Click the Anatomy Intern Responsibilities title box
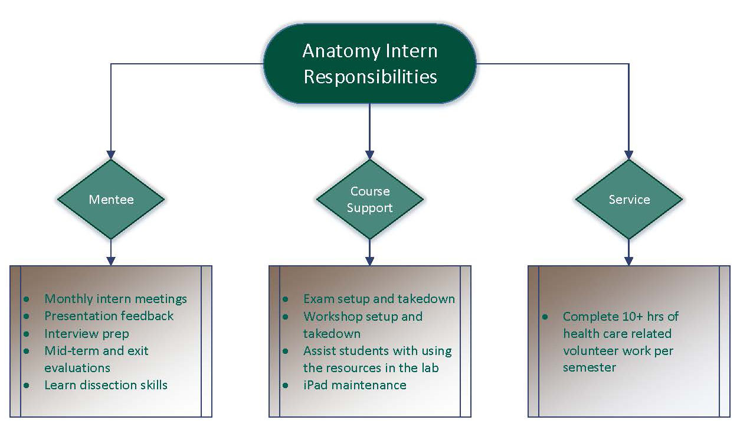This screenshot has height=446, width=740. [x=369, y=64]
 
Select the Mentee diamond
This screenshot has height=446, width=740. [x=111, y=199]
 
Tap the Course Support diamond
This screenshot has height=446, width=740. [x=369, y=199]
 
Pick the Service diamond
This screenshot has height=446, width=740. [x=628, y=199]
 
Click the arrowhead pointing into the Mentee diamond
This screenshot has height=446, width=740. [x=111, y=155]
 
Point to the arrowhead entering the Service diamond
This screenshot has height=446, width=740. [x=628, y=155]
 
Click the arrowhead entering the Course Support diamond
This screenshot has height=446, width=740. [x=369, y=155]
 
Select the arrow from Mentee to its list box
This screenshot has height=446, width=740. [x=111, y=253]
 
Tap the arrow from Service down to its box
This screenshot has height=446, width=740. [x=628, y=253]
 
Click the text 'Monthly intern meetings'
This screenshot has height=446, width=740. [x=116, y=299]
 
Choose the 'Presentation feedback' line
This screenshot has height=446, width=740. [x=109, y=316]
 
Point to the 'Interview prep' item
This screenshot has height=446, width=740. [x=87, y=333]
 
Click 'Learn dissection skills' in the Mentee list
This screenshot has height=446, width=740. [x=106, y=385]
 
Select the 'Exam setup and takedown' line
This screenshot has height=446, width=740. [x=379, y=299]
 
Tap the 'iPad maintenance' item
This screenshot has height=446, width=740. [x=355, y=385]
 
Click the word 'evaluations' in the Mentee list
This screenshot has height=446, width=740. [x=77, y=368]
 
